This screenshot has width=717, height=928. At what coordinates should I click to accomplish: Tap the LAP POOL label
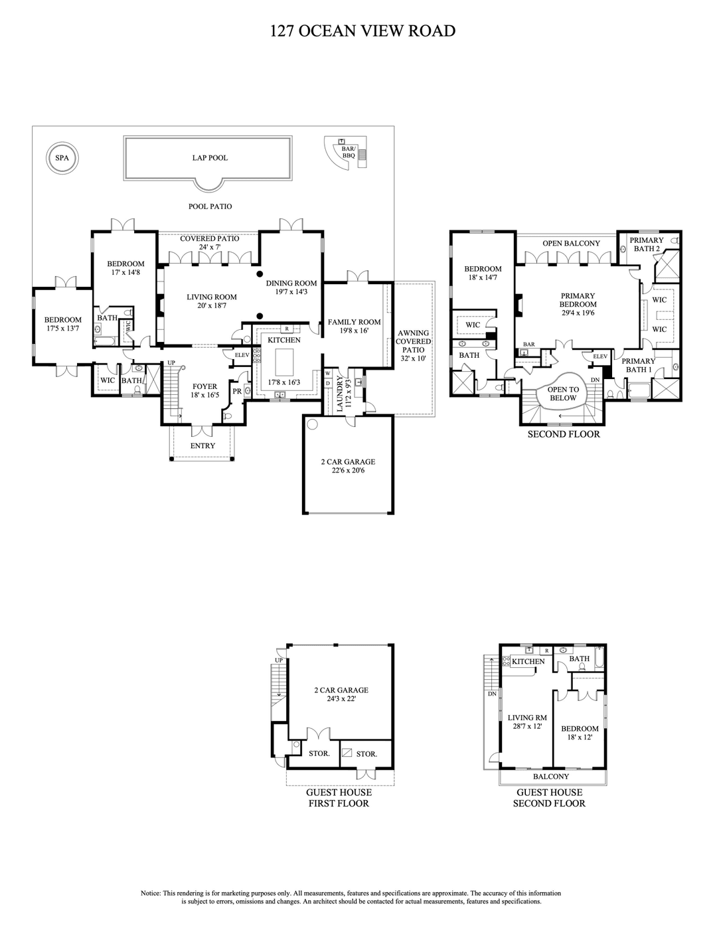tap(210, 158)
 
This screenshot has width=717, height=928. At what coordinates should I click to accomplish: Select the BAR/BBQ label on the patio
tap(349, 153)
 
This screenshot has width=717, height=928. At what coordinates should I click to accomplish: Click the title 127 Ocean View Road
tap(362, 31)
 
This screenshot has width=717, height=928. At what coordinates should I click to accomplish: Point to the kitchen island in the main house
tap(284, 362)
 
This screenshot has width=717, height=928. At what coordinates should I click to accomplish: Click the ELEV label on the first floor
tap(242, 355)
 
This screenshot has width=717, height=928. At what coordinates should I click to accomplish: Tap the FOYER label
tap(204, 387)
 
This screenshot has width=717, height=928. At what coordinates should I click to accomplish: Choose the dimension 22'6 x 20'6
tap(348, 471)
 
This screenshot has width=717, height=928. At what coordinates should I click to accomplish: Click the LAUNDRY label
tap(340, 394)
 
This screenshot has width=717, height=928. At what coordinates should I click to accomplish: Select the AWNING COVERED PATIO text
tap(413, 341)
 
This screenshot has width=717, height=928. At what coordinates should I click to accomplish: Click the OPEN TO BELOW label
tap(563, 394)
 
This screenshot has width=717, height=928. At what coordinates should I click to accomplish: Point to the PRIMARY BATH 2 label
tap(647, 244)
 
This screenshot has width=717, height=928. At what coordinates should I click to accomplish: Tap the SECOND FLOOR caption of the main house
tap(564, 434)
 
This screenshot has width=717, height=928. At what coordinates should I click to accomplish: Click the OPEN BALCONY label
tap(571, 244)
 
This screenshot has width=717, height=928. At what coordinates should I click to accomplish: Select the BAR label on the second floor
tap(528, 345)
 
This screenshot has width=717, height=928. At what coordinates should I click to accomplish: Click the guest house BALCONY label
tap(551, 777)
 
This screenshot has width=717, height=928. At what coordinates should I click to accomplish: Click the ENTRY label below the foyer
tap(202, 446)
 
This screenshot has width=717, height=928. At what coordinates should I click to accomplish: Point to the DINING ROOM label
tap(291, 283)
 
